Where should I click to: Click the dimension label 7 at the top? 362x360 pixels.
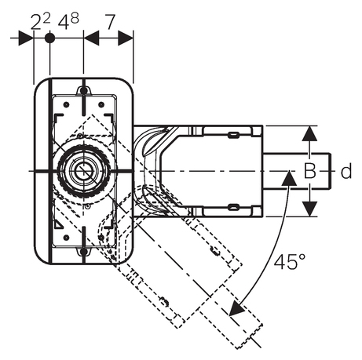[x=110, y=22]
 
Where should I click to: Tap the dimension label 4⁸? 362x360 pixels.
[x=68, y=21]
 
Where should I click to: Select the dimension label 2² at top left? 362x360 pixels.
[x=41, y=21]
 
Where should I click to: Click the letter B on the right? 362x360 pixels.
[x=310, y=172]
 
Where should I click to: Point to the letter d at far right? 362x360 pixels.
[x=346, y=171]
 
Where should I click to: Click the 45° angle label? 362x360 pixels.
[x=290, y=262]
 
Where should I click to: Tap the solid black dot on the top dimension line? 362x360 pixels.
[x=49, y=38]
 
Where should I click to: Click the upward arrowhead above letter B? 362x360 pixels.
[x=310, y=133]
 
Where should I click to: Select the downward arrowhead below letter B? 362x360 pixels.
[x=310, y=209]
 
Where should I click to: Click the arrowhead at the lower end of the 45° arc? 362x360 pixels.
[x=237, y=309]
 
